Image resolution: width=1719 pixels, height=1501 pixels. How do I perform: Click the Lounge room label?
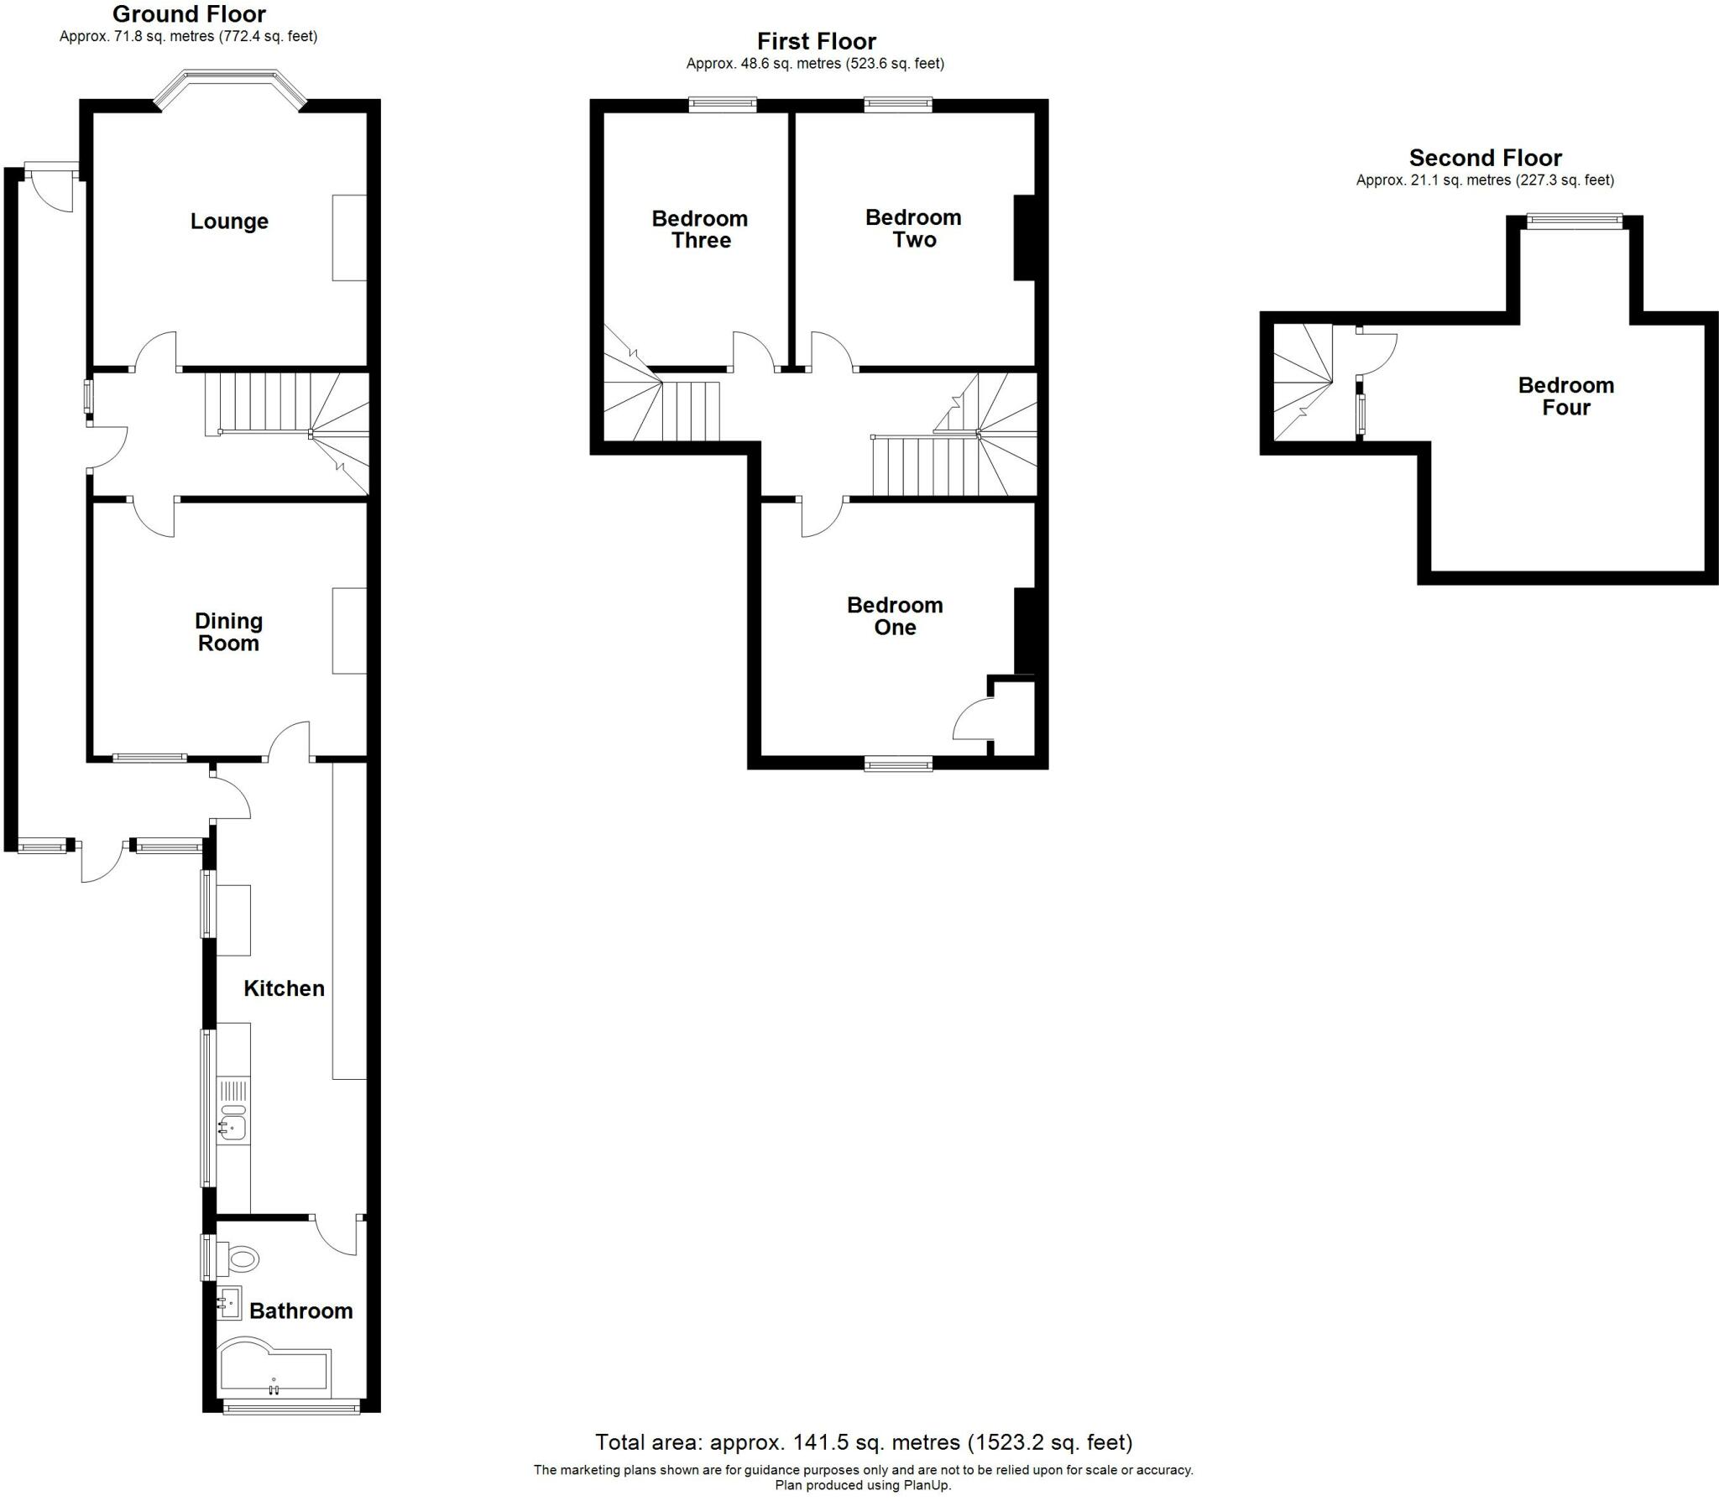tap(229, 222)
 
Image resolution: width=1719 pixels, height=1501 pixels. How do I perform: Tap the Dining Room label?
tap(228, 632)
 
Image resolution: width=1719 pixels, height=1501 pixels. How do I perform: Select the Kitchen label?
tap(284, 988)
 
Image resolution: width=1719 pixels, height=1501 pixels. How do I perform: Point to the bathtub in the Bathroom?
tap(274, 1373)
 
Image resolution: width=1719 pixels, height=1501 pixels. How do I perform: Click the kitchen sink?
tap(233, 1124)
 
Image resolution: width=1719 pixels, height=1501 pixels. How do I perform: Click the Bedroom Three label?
tap(700, 229)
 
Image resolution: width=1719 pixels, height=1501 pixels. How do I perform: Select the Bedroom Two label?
tap(913, 228)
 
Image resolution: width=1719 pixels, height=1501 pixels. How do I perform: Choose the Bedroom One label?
tap(895, 616)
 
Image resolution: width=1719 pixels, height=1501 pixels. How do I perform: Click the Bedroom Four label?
tap(1565, 396)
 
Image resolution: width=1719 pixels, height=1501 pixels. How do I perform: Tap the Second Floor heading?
tap(1485, 158)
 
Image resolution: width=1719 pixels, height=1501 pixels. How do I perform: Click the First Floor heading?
tap(816, 41)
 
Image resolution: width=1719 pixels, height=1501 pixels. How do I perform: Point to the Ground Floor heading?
tap(189, 14)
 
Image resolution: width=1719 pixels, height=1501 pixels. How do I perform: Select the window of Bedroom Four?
tap(1574, 222)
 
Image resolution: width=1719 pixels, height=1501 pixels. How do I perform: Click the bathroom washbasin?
tap(229, 1303)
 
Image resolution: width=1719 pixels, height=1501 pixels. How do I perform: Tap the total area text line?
tap(864, 1442)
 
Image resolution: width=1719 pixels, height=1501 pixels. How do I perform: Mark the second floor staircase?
tap(1303, 383)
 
